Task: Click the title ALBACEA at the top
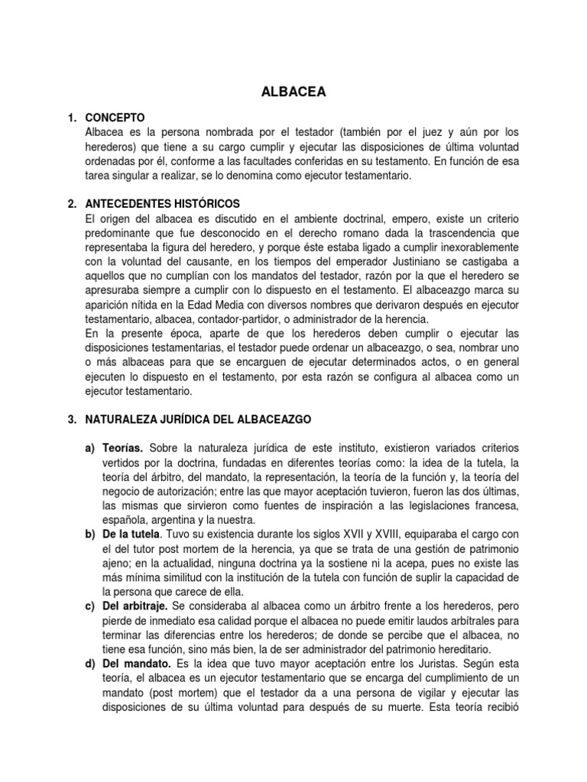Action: coord(293,92)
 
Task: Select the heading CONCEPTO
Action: coord(115,118)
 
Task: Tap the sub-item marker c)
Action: coord(89,606)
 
